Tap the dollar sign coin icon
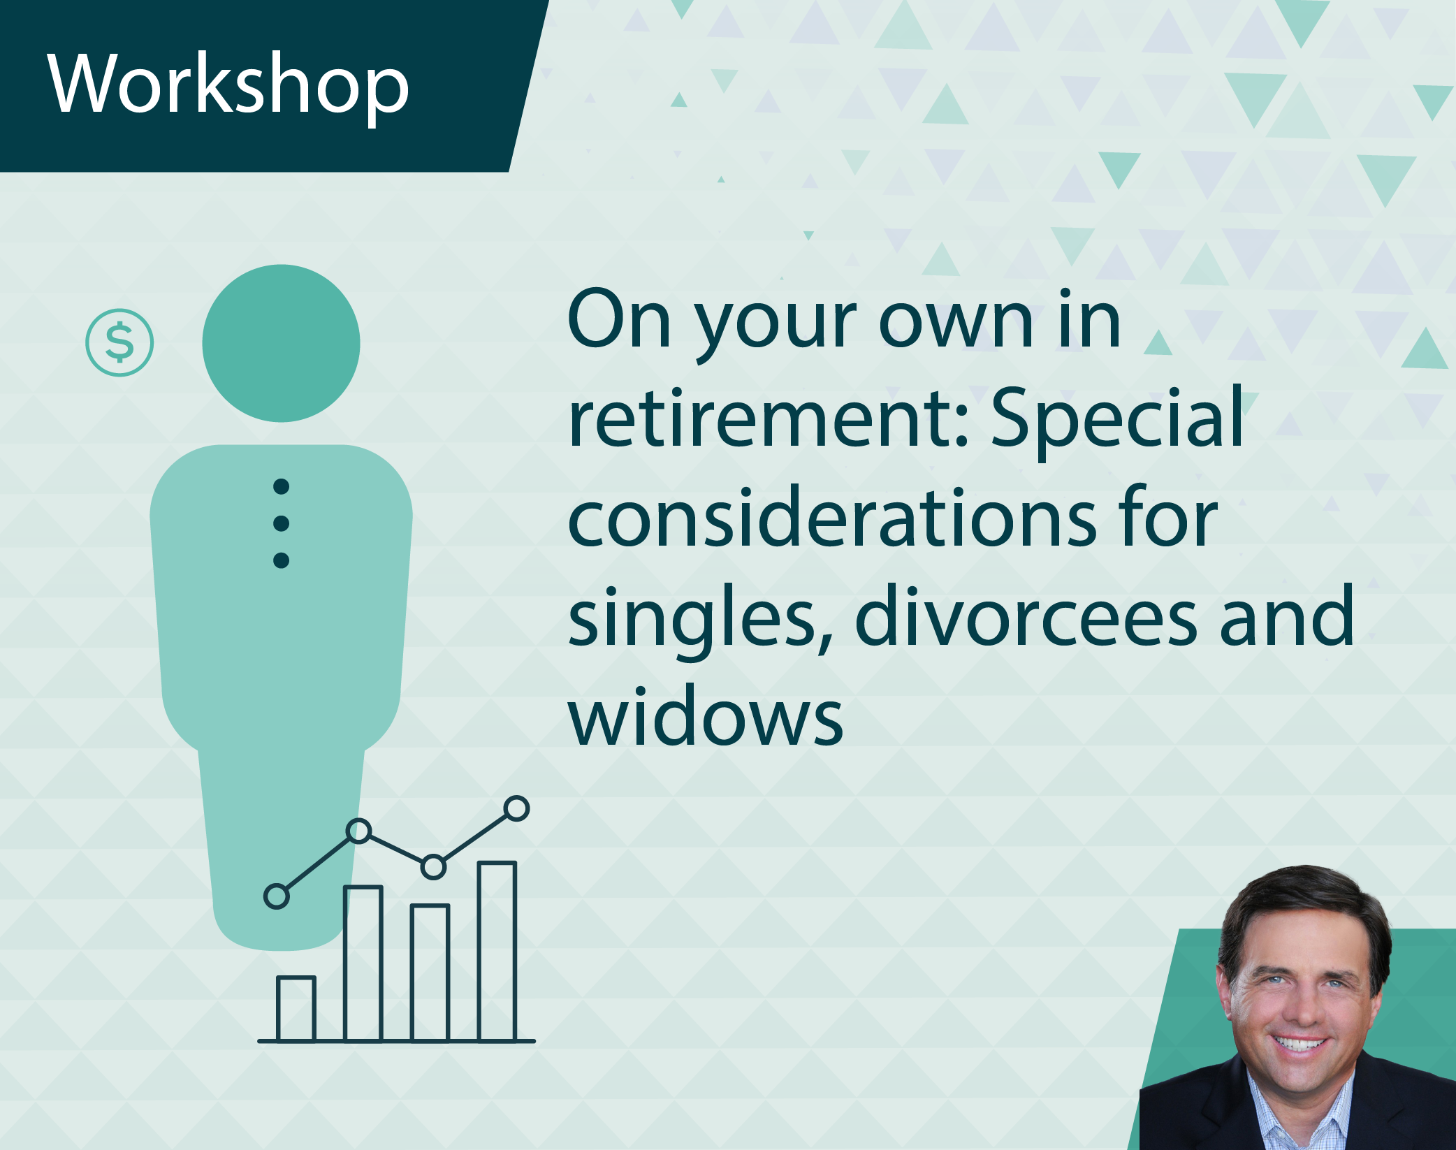119,342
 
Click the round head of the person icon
281,343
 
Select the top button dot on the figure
281,486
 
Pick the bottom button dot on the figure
281,560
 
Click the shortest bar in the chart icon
296,1008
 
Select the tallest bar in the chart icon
497,951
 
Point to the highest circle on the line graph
516,808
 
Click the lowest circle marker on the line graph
277,896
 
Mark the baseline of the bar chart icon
396,1041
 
